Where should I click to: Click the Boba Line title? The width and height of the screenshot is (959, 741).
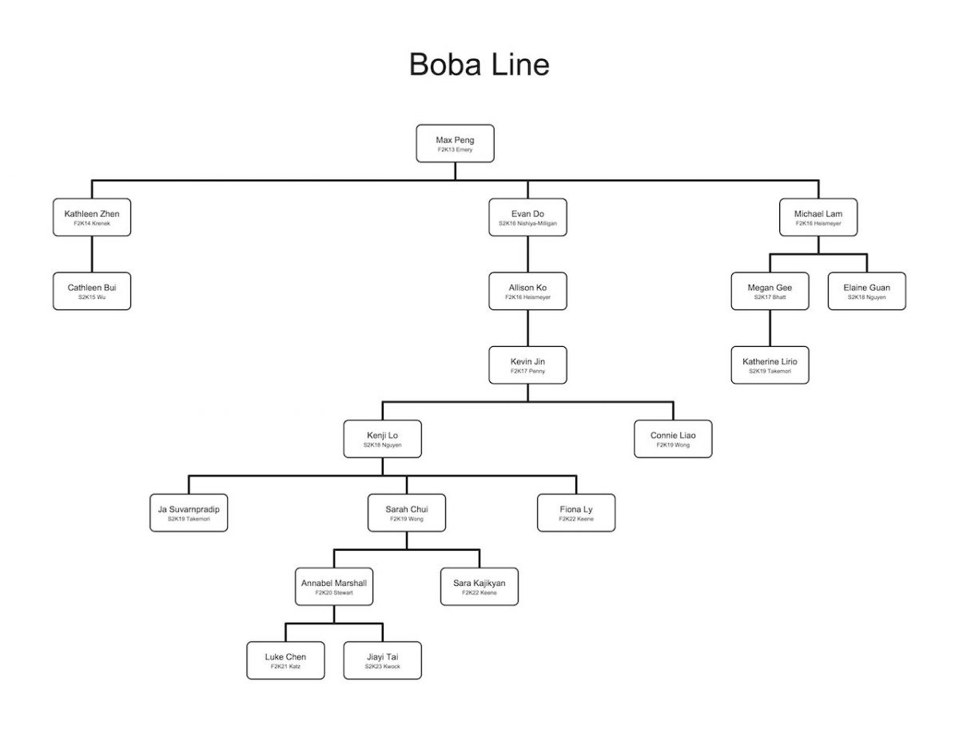point(479,64)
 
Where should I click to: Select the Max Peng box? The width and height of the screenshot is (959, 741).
point(455,144)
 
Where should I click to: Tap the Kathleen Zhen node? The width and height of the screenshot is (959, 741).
point(92,217)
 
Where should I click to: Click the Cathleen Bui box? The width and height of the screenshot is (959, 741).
point(92,291)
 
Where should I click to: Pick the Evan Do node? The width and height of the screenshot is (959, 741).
point(527,217)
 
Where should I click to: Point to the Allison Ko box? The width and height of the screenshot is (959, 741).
point(527,291)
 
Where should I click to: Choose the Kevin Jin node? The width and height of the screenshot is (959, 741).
point(527,365)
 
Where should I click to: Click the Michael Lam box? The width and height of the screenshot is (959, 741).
point(818,217)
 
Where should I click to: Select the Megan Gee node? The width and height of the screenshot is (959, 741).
point(770,291)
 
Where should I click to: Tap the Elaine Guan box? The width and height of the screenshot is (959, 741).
point(866,291)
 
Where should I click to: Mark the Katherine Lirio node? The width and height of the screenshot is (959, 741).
point(770,365)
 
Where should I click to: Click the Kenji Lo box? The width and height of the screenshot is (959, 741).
point(382,439)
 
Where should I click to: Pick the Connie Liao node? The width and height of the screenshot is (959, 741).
point(673,439)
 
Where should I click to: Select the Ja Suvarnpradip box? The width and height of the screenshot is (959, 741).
point(189,512)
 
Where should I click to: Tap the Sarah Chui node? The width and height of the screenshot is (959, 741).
point(406,512)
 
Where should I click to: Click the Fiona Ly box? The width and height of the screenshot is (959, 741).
point(576,512)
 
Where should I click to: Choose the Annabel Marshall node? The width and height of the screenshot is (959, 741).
point(333,587)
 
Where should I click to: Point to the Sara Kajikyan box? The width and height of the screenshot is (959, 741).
point(479,587)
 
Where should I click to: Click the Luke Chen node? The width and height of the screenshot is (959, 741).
point(285,660)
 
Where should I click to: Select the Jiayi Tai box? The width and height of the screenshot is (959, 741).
point(382,660)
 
